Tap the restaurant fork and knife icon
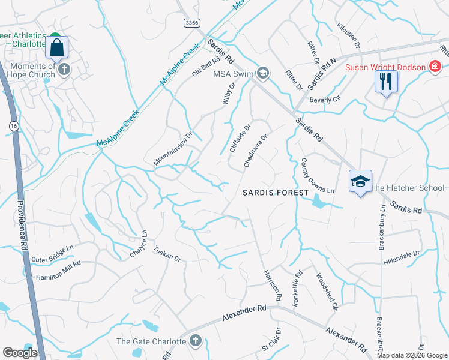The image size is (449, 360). click(386, 80)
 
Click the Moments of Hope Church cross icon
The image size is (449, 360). click(64, 70)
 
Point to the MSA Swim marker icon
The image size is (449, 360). click(262, 73)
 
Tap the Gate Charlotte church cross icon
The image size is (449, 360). click(194, 341)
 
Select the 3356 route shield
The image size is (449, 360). click(191, 22)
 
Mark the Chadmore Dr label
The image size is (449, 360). click(255, 151)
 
